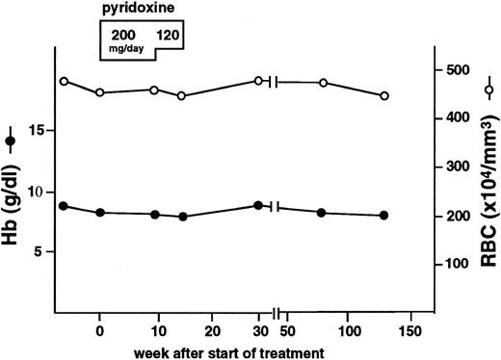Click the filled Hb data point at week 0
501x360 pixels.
(100, 213)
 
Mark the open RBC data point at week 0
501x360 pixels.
(100, 92)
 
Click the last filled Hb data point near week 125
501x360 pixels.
(383, 216)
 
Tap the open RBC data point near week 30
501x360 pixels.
(258, 81)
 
